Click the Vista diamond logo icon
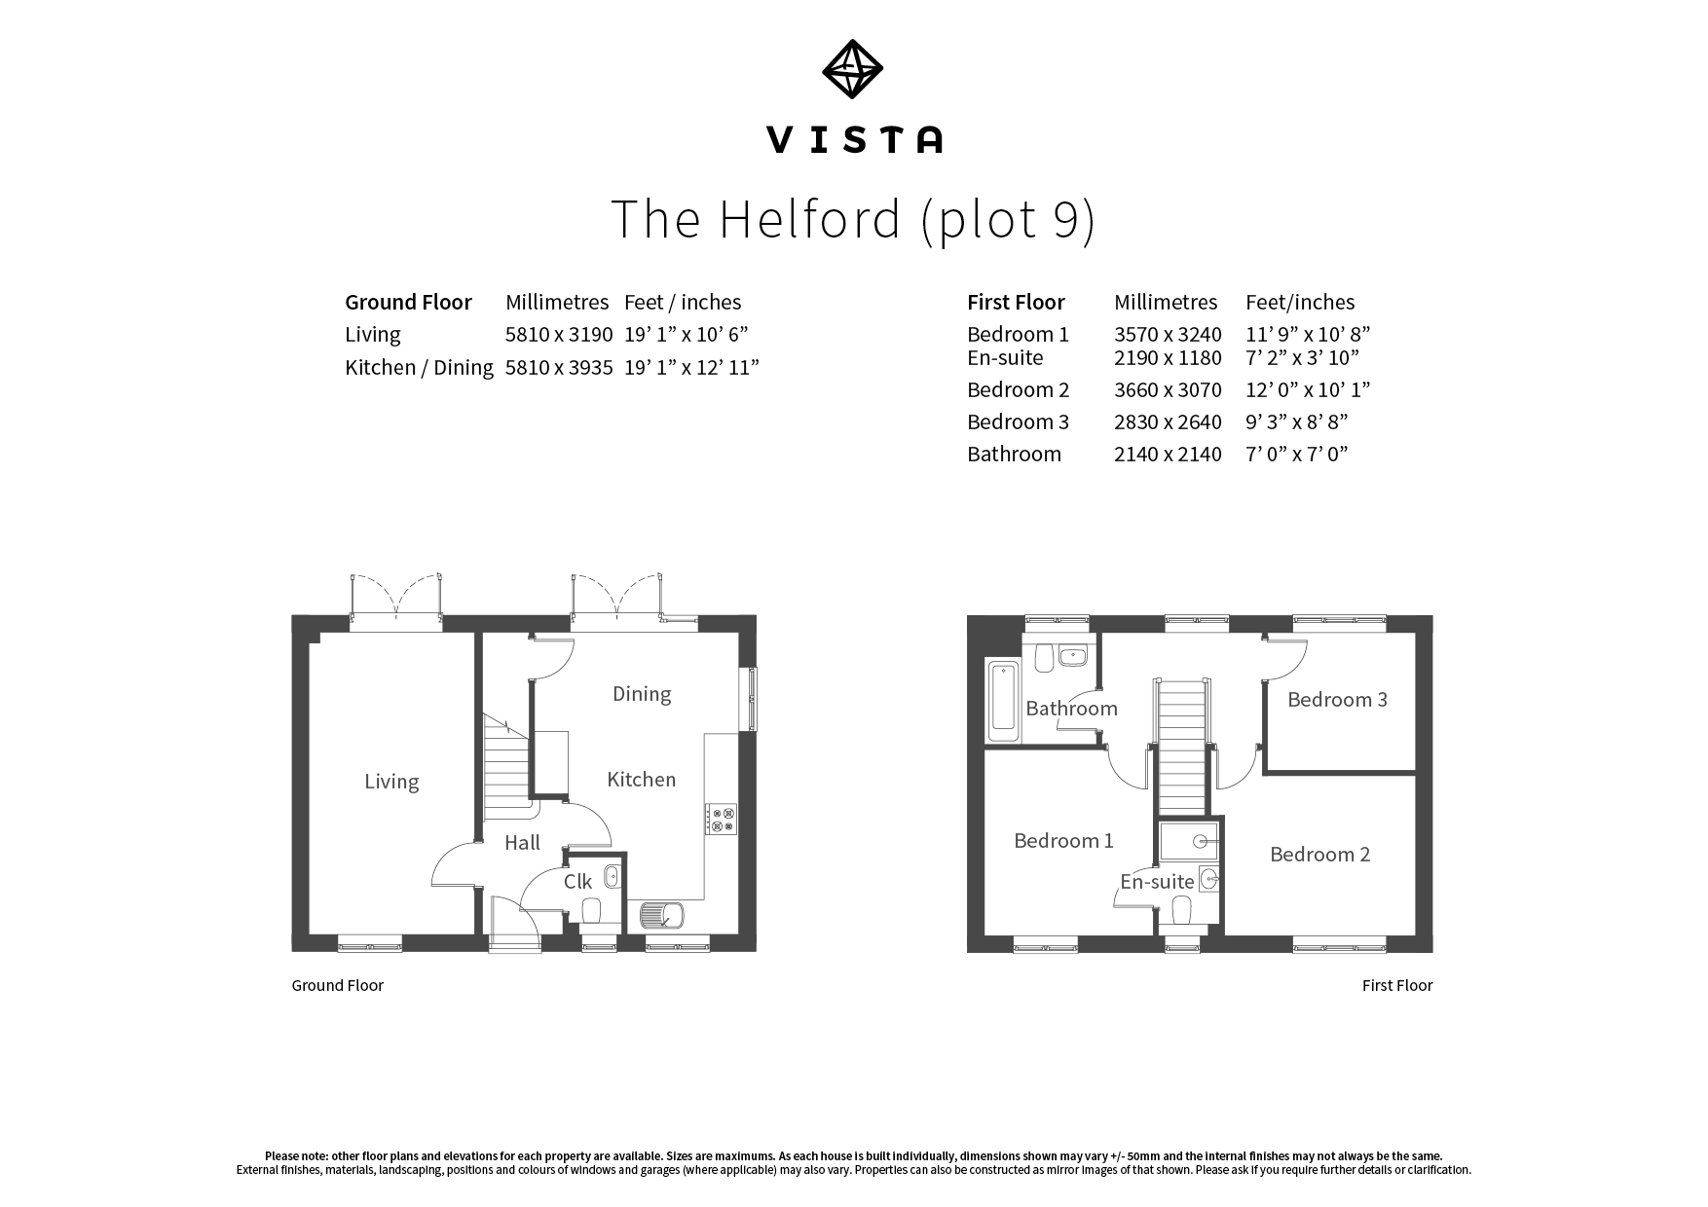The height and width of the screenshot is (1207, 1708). coord(852,69)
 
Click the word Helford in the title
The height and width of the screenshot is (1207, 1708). coord(810,218)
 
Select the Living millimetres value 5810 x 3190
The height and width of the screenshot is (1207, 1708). coord(559,335)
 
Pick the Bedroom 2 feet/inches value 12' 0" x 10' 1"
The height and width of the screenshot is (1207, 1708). coord(1308,390)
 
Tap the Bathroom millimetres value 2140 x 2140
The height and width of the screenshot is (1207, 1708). coord(1168,455)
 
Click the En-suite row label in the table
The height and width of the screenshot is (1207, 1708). coord(1005,358)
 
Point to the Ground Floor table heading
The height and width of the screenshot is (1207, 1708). coord(408,303)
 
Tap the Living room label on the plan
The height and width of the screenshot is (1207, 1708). coord(391,782)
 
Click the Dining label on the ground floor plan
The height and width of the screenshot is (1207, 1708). coord(642,694)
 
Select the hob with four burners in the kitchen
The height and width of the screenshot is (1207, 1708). coord(722,820)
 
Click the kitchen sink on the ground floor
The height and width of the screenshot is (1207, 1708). coord(662,915)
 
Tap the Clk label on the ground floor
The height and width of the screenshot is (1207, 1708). coord(577,882)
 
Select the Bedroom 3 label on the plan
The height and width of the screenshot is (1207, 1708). coord(1337,700)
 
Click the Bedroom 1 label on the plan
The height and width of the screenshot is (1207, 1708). coord(1063,841)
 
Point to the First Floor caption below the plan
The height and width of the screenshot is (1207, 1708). coord(1397,985)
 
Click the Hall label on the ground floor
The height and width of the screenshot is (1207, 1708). coord(522,843)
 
